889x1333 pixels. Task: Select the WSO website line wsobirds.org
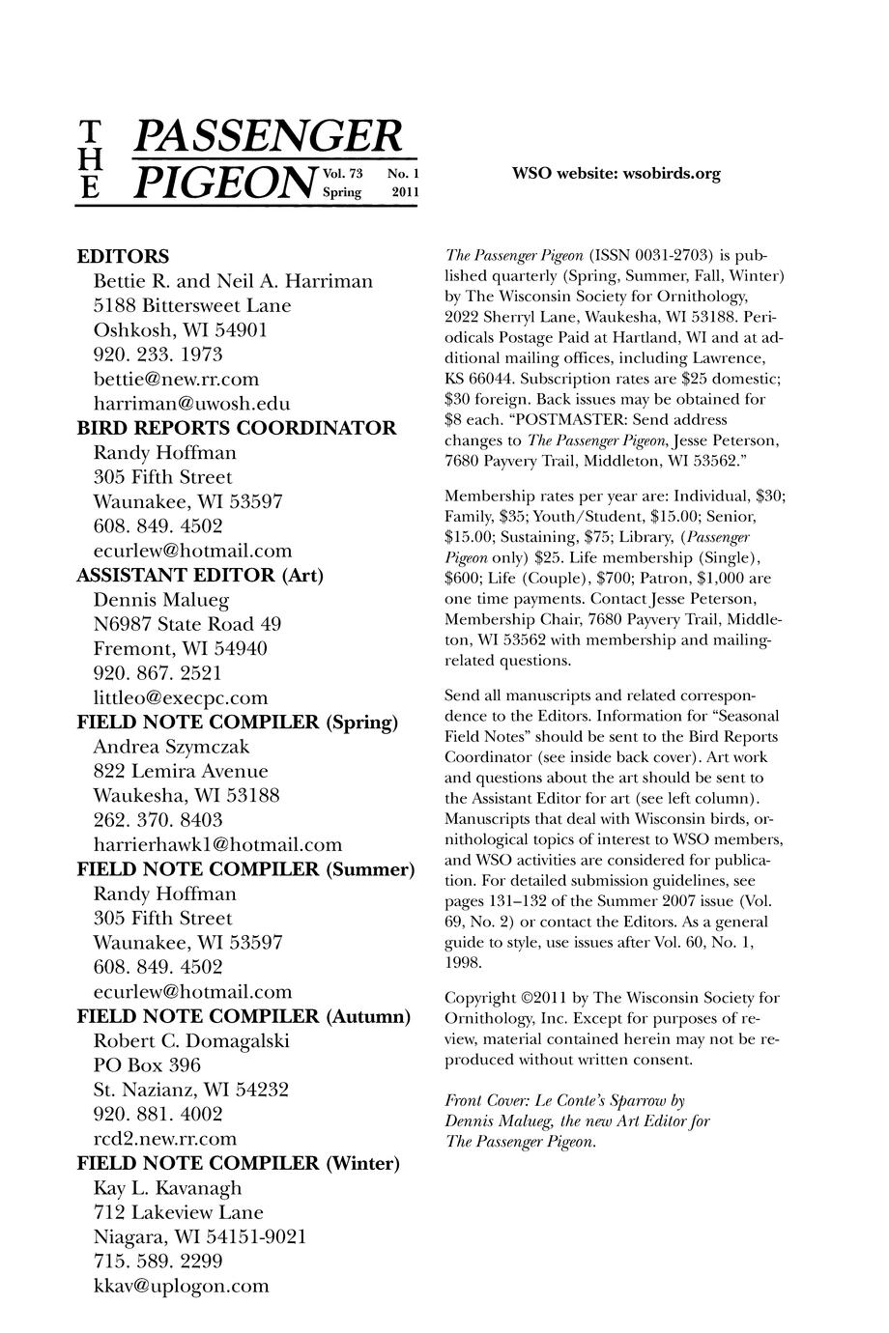point(616,174)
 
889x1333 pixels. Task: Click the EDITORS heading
point(123,257)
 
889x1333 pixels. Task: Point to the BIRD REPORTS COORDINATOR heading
point(236,428)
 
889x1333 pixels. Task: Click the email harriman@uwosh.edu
point(191,404)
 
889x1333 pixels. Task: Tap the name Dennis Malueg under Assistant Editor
point(160,600)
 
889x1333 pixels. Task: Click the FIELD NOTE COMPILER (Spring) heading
point(238,723)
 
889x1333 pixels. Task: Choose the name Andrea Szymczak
point(171,747)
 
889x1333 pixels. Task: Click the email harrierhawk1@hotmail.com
point(217,845)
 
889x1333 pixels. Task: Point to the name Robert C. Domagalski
point(190,1041)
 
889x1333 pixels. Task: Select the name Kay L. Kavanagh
point(167,1188)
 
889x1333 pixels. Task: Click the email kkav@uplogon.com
point(181,1286)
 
